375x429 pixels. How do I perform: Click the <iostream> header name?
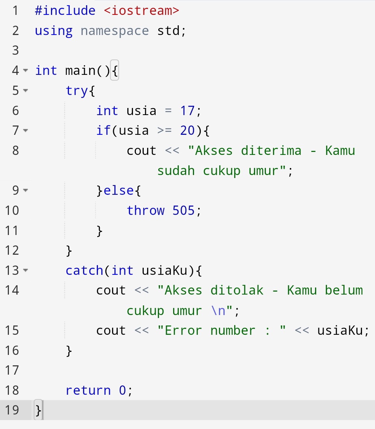coord(142,10)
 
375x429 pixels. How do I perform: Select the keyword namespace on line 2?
coord(115,31)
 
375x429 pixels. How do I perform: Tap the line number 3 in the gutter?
coord(15,50)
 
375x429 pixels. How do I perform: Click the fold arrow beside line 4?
coord(25,70)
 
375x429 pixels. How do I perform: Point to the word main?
coord(80,70)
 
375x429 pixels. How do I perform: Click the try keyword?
coord(77,90)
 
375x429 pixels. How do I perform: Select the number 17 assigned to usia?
coord(187,111)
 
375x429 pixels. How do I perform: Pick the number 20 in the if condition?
coord(187,130)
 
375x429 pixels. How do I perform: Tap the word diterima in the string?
coord(271,150)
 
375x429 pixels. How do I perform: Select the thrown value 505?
coord(183,210)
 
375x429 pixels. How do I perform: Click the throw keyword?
coord(145,210)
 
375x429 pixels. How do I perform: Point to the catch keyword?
coord(84,270)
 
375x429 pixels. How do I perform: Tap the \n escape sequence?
coord(218,311)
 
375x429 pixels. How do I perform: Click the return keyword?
coord(88,390)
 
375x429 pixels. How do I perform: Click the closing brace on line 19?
coord(39,410)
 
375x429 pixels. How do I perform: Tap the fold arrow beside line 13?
coord(25,270)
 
